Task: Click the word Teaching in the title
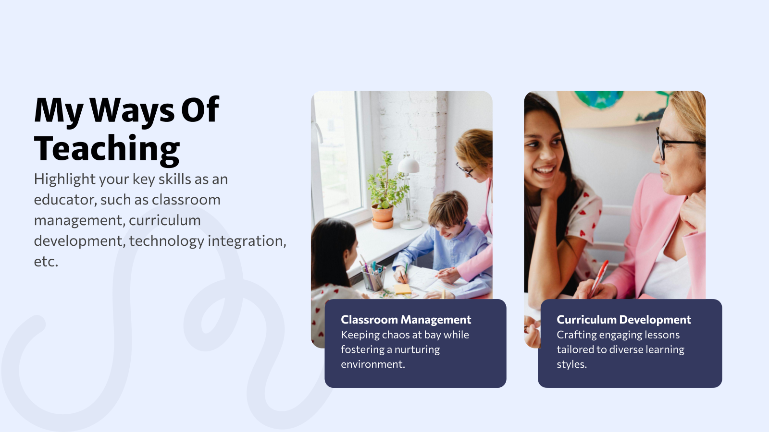click(107, 149)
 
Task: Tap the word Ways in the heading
click(133, 111)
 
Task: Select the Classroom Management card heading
click(406, 320)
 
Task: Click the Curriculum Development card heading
click(623, 320)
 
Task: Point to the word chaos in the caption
click(396, 335)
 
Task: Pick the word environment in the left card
click(372, 364)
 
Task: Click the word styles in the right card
click(571, 364)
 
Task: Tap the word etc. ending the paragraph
click(46, 262)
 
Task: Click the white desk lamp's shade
click(409, 166)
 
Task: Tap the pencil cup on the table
click(373, 278)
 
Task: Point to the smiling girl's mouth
click(545, 170)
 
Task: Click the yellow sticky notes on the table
click(402, 289)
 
